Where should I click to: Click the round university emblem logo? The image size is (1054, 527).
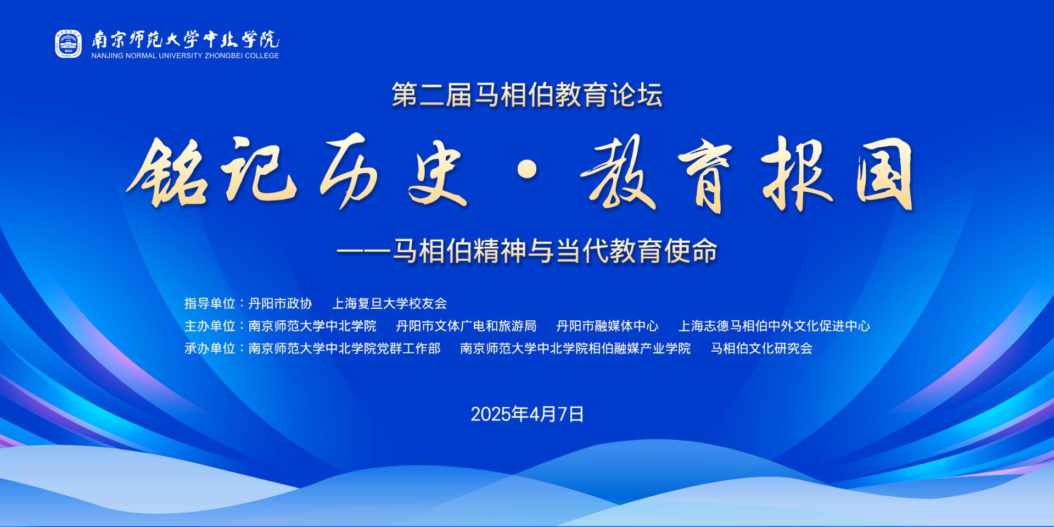68,44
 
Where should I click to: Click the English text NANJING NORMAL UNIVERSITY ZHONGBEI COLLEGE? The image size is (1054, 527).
185,56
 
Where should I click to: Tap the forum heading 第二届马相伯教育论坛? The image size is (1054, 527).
527,95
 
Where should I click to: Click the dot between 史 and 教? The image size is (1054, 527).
528,170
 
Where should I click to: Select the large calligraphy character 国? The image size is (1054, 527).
884,174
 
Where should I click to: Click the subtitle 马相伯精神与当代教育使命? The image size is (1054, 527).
555,251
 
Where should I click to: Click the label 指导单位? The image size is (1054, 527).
210,303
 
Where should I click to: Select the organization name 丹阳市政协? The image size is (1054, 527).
280,303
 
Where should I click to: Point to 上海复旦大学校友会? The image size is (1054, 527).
389,303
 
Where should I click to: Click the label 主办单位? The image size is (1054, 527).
210,326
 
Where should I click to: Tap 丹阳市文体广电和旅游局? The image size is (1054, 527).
466,326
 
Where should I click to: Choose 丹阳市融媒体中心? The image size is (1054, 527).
607,326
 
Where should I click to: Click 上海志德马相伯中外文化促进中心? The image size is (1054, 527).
774,326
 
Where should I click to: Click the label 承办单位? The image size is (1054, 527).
210,348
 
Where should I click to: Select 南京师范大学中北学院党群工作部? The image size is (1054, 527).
344,348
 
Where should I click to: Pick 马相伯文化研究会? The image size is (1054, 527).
761,348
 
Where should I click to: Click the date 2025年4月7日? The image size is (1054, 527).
527,414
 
